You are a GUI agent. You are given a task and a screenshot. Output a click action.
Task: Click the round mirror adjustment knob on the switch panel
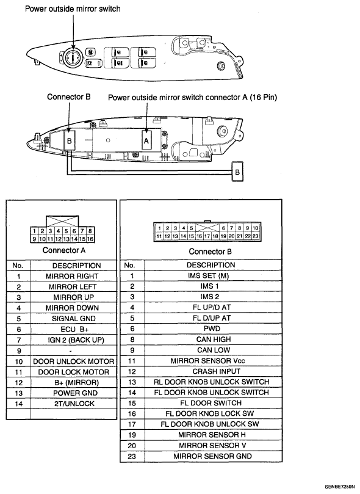(x=73, y=57)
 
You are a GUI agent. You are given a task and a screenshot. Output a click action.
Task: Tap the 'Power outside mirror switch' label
(x=73, y=9)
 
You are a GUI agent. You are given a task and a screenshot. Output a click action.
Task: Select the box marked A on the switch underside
(x=146, y=141)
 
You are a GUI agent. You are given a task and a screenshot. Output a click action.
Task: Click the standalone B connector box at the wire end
(x=237, y=172)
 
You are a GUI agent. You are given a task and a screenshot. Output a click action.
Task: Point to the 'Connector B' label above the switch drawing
(x=68, y=96)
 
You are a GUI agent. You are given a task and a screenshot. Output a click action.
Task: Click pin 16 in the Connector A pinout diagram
(x=90, y=239)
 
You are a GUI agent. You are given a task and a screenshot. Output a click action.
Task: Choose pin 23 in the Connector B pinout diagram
(x=256, y=236)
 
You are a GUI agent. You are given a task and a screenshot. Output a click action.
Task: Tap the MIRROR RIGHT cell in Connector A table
(x=72, y=276)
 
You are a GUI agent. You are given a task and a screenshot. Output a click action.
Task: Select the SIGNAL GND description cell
(x=74, y=319)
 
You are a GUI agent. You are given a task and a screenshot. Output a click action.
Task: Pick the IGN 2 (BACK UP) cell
(x=76, y=340)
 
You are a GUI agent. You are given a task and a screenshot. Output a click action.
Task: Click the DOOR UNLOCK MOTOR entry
(x=74, y=361)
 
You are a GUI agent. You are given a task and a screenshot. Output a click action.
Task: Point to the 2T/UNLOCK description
(x=74, y=404)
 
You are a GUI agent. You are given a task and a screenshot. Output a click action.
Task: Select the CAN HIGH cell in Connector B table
(x=214, y=340)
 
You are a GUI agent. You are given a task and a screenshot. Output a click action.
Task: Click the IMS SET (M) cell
(x=208, y=275)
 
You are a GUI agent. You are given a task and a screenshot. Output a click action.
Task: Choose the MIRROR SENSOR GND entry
(x=212, y=456)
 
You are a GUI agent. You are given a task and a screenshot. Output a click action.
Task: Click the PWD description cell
(x=212, y=329)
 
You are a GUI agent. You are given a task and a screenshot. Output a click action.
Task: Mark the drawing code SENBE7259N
(x=342, y=487)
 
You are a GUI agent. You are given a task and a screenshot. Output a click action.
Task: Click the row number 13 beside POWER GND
(x=19, y=393)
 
